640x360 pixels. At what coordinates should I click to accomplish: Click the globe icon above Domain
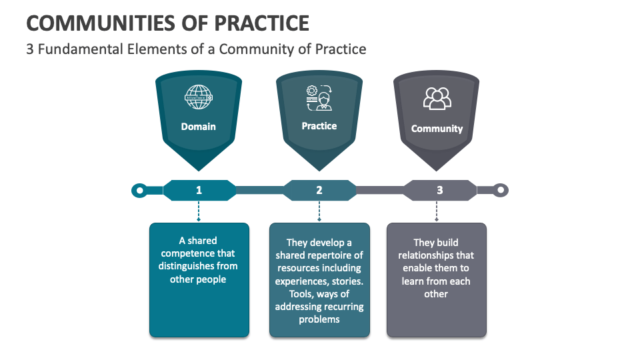click(199, 97)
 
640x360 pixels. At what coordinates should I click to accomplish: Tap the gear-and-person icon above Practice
click(319, 97)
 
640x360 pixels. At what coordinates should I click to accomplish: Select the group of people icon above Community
click(437, 99)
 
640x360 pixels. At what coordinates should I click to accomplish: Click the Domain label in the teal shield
click(199, 126)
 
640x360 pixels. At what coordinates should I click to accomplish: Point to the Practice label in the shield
click(319, 126)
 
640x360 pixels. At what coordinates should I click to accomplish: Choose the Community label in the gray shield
click(437, 129)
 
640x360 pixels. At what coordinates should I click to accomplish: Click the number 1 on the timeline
click(199, 190)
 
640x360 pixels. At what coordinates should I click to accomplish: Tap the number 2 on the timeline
click(319, 190)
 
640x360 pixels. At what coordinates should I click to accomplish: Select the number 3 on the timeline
click(439, 190)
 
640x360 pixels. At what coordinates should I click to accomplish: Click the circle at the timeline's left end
click(139, 191)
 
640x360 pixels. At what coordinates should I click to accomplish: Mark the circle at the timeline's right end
click(501, 191)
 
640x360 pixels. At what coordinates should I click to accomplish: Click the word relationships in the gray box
click(436, 255)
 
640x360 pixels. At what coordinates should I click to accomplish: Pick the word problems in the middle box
click(319, 319)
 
